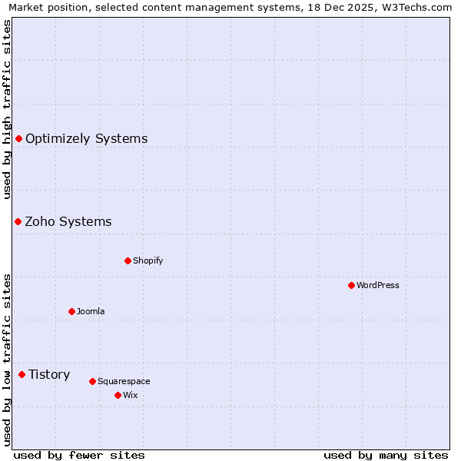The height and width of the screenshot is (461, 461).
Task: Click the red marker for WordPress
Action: coord(351,285)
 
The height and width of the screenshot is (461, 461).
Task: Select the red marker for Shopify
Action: coord(128,260)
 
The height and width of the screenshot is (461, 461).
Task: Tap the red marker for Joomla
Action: coord(71,311)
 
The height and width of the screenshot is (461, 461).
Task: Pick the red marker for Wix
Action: coord(118,395)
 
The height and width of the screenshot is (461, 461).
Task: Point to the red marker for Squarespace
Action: coord(92,381)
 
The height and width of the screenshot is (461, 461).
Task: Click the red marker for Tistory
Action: coord(22,374)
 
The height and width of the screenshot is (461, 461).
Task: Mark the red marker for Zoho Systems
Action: coord(18,221)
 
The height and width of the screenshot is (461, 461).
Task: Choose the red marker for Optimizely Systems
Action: coord(18,138)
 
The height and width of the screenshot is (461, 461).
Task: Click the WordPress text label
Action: coord(378,285)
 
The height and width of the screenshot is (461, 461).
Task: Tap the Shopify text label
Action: coord(148,260)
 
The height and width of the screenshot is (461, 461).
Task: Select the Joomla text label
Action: coord(91,311)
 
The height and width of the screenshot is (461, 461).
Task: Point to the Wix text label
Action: coord(130,395)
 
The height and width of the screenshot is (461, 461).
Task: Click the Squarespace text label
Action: coord(124,381)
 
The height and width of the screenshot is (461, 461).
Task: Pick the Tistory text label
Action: coord(49,374)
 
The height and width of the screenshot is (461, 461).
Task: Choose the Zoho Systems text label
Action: coord(68,221)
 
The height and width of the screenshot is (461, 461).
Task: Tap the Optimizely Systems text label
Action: coord(87,138)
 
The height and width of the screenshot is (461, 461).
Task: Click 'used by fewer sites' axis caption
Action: coord(79,455)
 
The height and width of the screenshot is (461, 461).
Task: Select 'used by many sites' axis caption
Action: coord(386,455)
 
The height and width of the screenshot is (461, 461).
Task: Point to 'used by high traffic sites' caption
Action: coord(7,109)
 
